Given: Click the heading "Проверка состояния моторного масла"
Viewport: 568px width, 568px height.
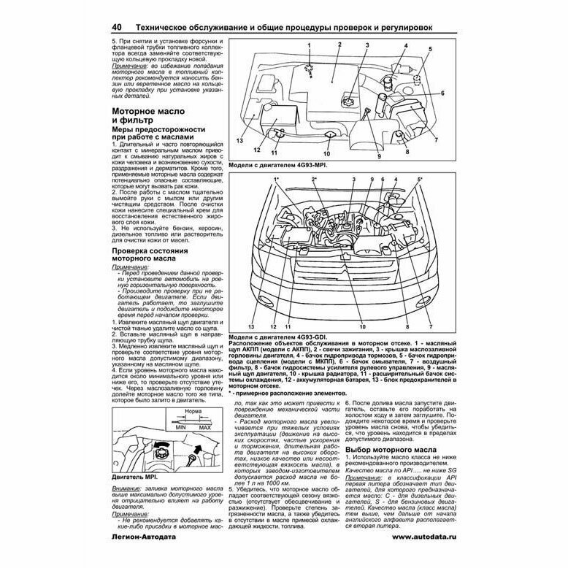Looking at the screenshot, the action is click(156, 255).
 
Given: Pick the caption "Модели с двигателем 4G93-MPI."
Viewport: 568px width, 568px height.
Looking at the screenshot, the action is click(278, 166).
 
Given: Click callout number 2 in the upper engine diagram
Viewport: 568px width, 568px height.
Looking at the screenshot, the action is click(340, 45).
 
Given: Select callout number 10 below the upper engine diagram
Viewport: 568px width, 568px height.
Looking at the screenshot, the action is click(326, 154).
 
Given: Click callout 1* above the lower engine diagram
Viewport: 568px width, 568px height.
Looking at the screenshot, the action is click(277, 179).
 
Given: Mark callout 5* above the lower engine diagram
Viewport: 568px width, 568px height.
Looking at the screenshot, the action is click(420, 179).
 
